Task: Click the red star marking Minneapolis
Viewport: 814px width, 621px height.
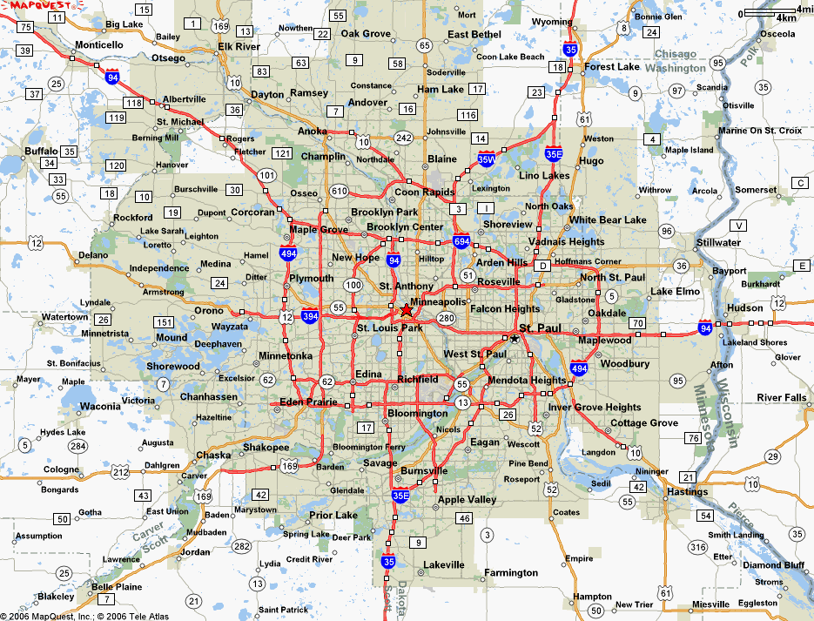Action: tap(407, 310)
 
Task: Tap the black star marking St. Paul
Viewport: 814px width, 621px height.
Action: tap(515, 338)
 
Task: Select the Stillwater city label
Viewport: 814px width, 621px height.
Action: tap(718, 243)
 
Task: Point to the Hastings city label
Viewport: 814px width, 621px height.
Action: tap(687, 492)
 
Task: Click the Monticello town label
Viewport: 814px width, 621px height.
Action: tap(99, 45)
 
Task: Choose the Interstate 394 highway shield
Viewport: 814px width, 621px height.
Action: tap(310, 316)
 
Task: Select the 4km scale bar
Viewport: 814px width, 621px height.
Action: tap(771, 14)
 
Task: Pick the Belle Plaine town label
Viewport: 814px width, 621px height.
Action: tap(117, 587)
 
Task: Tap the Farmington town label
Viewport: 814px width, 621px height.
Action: tap(511, 573)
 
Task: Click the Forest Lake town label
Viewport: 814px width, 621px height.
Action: tap(612, 67)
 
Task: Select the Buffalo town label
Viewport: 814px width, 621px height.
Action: tap(41, 151)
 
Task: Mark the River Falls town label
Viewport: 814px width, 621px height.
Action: tap(782, 398)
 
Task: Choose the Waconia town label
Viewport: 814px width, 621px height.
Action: tap(100, 407)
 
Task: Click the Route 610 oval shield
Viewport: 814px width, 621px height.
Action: tap(339, 192)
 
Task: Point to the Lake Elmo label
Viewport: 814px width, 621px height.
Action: tap(675, 292)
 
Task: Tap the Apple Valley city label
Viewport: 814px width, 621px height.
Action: tap(467, 500)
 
